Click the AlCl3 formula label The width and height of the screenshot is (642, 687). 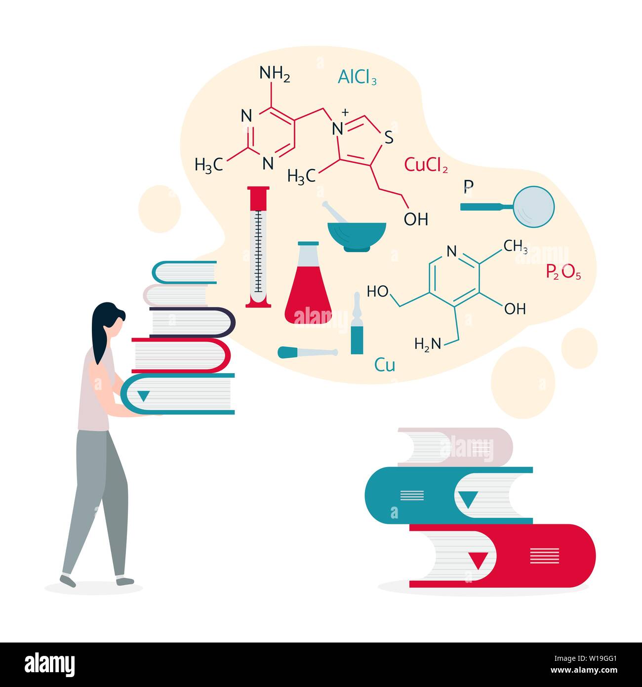pos(357,77)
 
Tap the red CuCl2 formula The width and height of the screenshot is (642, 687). pos(426,165)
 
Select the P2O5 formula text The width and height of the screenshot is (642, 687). pos(563,272)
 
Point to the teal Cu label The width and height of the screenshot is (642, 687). pos(385,364)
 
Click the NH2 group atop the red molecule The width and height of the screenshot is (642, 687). pos(275,74)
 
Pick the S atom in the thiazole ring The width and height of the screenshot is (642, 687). pos(389,137)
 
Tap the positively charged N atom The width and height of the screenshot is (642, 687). pos(338,129)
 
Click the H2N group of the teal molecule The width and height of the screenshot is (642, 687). pos(428,344)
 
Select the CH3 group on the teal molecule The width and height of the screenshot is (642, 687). pos(515,246)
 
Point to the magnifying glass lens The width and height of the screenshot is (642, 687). pos(533,207)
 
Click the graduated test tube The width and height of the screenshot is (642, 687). pos(258,247)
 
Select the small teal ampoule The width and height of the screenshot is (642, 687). pos(357,323)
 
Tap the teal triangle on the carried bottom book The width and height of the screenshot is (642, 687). pos(143,396)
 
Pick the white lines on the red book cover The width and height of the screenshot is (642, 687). pos(545,556)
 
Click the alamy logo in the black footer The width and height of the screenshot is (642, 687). pos(49,665)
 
